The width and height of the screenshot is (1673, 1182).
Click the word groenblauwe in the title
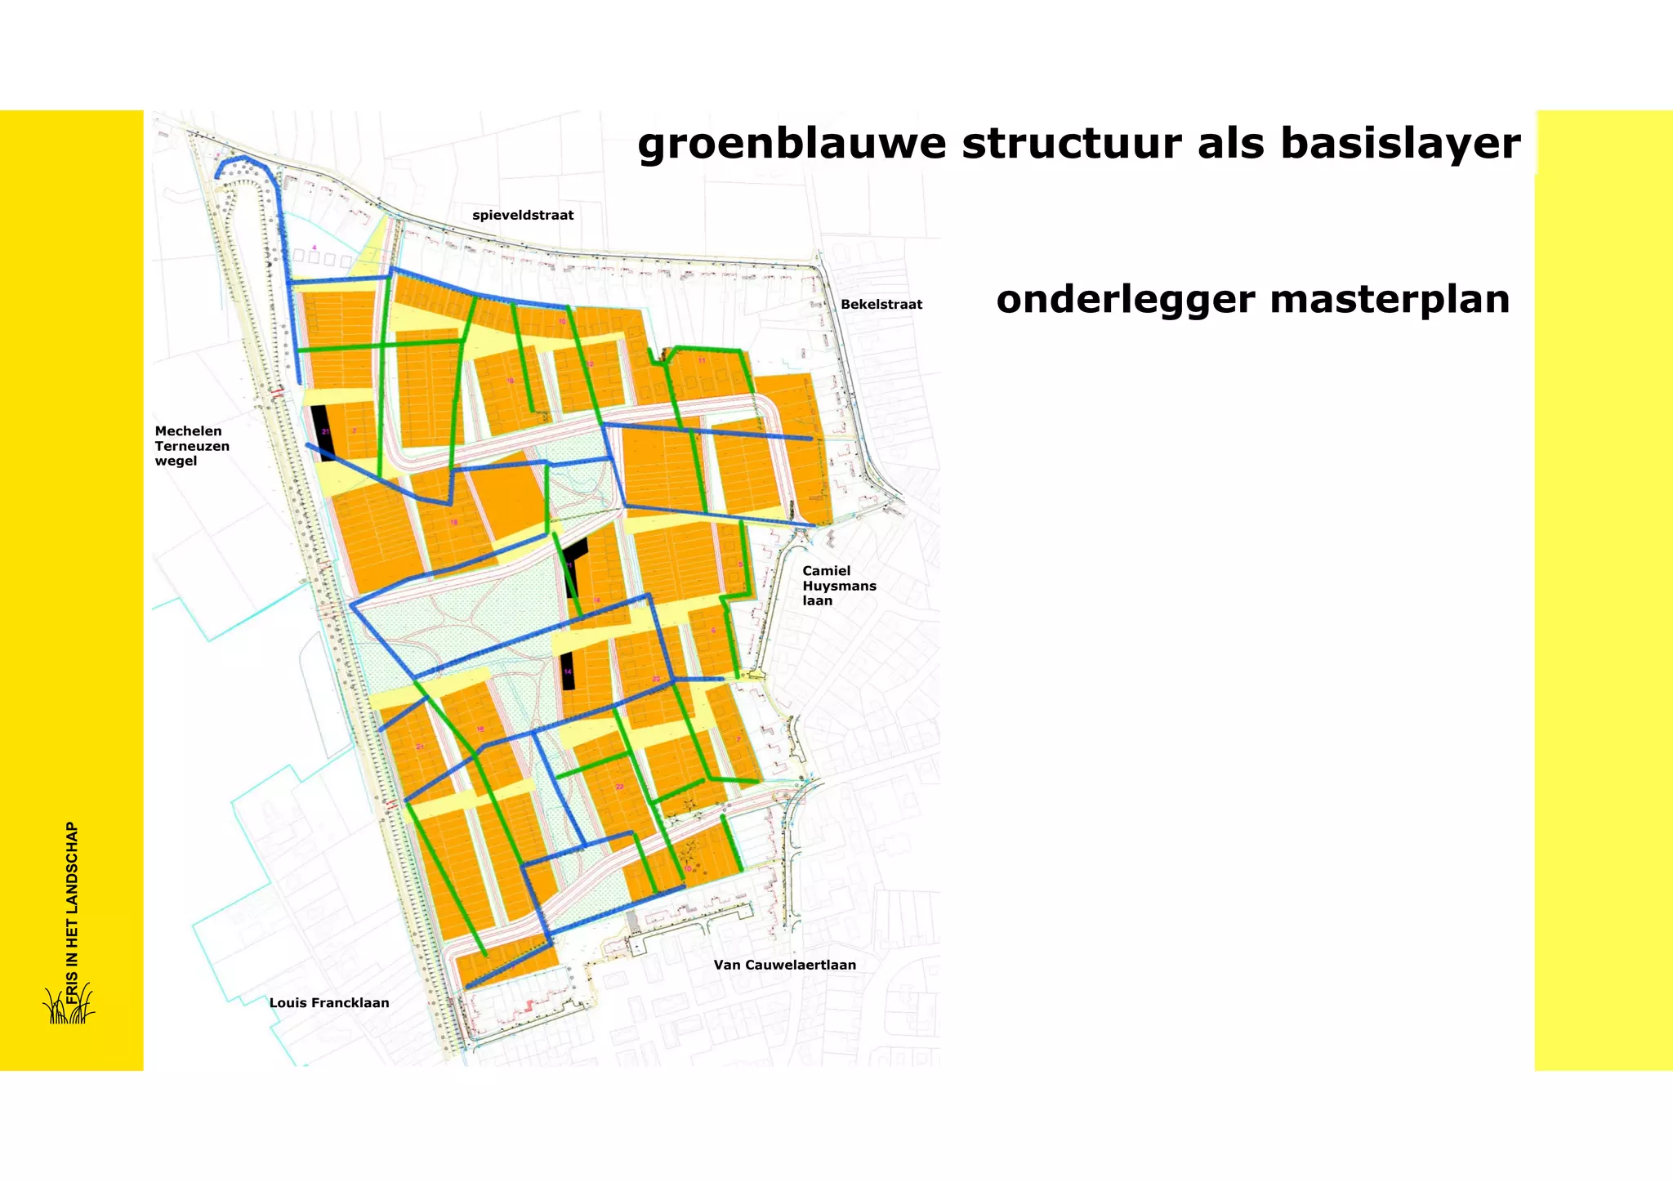pos(792,145)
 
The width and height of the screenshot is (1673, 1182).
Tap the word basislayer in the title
pos(1400,145)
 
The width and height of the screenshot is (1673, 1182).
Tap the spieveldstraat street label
pos(523,216)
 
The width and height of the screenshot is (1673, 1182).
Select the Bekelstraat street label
pos(881,305)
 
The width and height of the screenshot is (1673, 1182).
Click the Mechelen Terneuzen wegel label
pos(192,446)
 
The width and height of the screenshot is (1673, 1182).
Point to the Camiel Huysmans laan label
pos(839,586)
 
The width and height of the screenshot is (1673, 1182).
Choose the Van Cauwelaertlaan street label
pos(784,965)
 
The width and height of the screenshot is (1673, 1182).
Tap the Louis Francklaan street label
pos(329,1003)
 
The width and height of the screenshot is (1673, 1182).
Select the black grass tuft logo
pos(69,1007)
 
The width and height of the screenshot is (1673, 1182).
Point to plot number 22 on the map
pos(619,787)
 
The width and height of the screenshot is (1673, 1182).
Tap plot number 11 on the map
pos(701,360)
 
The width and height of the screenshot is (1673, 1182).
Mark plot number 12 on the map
pos(590,364)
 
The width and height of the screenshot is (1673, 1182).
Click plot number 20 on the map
pos(656,680)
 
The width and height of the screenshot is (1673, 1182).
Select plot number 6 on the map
pos(713,631)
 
